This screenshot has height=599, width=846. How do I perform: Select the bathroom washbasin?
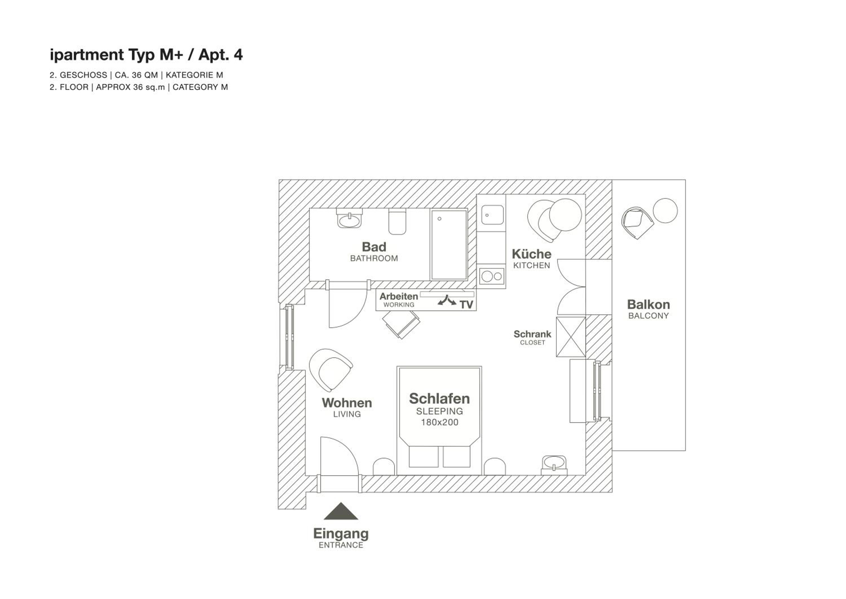tap(349, 219)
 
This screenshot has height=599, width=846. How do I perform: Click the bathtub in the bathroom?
tap(449, 244)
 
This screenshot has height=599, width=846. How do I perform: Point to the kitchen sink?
tap(492, 215)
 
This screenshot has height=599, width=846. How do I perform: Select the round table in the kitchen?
tap(565, 215)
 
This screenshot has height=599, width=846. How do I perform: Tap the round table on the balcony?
tap(665, 211)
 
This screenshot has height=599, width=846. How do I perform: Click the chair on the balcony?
tap(637, 222)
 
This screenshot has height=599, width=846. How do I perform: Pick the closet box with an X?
tap(571, 337)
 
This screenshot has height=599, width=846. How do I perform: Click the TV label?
tap(466, 305)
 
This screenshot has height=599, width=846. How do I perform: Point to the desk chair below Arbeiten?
tap(402, 324)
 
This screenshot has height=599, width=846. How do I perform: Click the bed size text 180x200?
tap(440, 422)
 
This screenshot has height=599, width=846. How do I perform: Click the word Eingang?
tap(341, 534)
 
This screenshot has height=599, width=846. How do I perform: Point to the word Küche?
tap(531, 254)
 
